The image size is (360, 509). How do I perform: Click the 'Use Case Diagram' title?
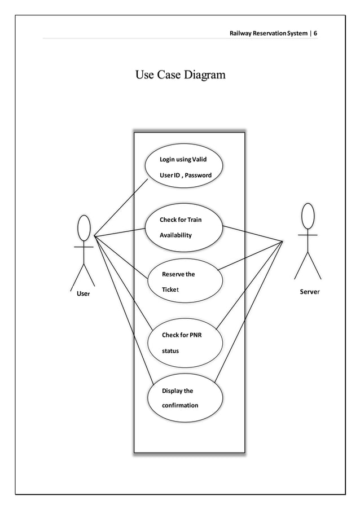click(x=179, y=75)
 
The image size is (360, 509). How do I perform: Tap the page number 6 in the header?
click(x=315, y=33)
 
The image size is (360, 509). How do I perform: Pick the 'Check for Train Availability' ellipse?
click(x=183, y=227)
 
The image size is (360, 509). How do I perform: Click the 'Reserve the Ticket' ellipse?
click(x=184, y=282)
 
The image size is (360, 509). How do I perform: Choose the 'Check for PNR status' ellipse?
click(x=184, y=343)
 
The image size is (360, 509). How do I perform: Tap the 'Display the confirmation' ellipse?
click(x=185, y=397)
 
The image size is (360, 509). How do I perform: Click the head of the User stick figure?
click(x=84, y=228)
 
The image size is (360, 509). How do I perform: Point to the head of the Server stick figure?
click(x=308, y=216)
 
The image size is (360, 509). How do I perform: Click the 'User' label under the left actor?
click(x=83, y=294)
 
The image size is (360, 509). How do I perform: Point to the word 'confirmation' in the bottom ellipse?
click(x=180, y=405)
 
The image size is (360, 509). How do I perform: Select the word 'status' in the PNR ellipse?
click(x=170, y=351)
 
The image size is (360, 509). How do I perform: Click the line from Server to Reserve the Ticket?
click(x=251, y=255)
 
